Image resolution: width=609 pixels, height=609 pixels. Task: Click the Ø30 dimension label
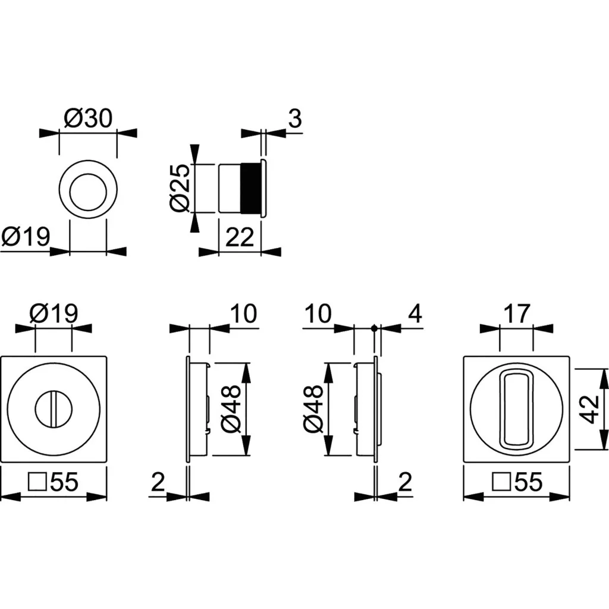coord(87,120)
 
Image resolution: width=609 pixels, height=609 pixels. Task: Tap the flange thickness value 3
coord(295,119)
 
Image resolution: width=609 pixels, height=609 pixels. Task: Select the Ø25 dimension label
coord(181,187)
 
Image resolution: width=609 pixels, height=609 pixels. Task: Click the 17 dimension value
coord(517,314)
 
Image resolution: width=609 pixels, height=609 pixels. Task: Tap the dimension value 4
coord(415,313)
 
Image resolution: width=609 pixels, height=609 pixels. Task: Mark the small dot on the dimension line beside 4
coord(373,328)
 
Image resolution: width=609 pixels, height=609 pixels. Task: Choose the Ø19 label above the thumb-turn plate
coord(54,313)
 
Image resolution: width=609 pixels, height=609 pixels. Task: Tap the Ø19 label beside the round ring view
coord(25,237)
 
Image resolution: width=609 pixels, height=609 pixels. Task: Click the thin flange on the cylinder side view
coord(262,187)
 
